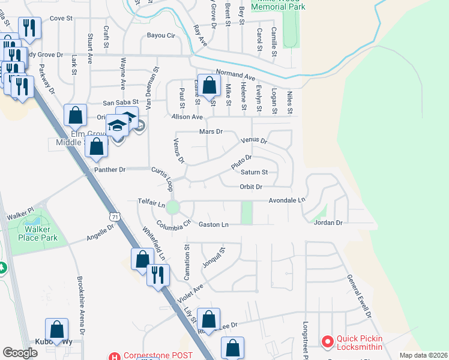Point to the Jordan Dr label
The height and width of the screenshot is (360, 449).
tap(328, 223)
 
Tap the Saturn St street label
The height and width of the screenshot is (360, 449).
tap(254, 172)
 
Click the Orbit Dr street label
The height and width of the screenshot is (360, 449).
tap(251, 187)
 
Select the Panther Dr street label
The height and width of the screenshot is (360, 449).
tap(109, 170)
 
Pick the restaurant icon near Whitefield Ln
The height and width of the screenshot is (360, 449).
tap(157, 275)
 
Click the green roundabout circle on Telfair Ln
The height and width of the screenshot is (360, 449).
tap(173, 208)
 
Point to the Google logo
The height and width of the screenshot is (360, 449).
tap(20, 353)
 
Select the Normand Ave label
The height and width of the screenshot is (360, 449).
tap(236, 76)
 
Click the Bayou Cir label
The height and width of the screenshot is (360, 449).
tap(161, 36)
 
